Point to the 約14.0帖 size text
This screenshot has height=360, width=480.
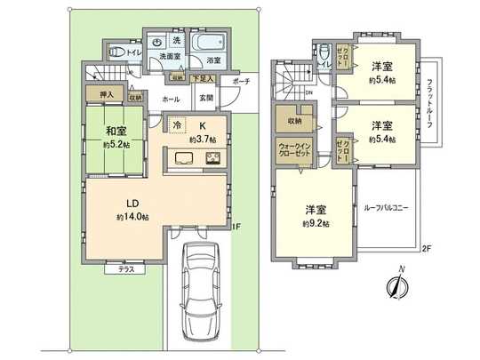[132, 217]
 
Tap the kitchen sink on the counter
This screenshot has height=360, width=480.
[185, 159]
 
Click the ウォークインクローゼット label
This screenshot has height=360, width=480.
[293, 150]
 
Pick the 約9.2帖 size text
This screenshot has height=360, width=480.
[315, 224]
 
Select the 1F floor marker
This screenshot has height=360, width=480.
[236, 227]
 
